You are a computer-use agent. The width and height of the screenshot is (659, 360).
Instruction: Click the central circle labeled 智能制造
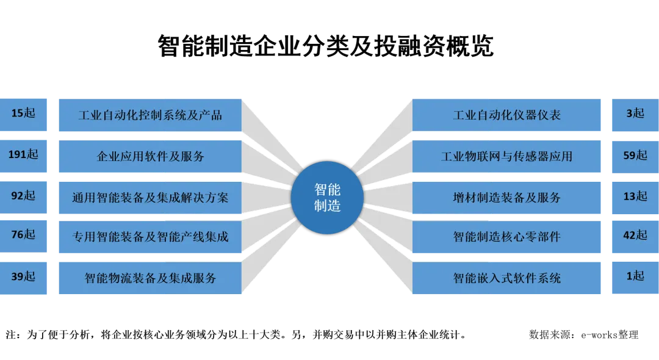[x=327, y=198]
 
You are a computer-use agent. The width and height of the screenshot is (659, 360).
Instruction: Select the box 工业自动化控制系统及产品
[x=150, y=115]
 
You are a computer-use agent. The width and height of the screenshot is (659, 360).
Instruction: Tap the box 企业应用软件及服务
[x=150, y=156]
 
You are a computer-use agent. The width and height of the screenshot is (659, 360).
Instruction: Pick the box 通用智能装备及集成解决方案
[x=150, y=197]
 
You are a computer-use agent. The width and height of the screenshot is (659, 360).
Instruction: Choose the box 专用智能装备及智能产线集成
[x=150, y=236]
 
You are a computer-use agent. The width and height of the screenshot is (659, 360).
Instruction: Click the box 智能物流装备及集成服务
[x=150, y=278]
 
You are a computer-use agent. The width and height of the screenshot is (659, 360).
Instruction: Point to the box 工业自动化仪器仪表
[x=508, y=115]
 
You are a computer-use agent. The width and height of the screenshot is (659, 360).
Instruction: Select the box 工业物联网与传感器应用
[x=508, y=156]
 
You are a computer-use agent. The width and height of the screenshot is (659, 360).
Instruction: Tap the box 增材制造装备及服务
[x=508, y=197]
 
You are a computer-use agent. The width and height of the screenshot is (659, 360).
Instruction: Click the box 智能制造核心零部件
[x=508, y=236]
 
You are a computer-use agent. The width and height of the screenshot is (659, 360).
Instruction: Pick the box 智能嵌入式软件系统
[x=508, y=278]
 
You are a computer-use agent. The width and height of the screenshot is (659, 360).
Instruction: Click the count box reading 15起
[x=24, y=114]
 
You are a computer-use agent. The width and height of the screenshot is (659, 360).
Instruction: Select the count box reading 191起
[x=24, y=155]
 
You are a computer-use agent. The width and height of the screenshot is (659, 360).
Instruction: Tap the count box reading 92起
[x=24, y=196]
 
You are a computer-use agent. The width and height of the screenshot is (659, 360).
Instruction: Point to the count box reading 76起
[x=24, y=235]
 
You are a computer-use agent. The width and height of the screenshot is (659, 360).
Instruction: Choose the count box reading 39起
[x=24, y=277]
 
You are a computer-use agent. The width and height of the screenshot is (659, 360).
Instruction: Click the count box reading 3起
[x=635, y=114]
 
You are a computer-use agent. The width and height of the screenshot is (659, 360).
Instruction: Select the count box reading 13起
[x=635, y=196]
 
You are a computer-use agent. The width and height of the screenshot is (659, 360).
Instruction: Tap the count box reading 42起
[x=635, y=236]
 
